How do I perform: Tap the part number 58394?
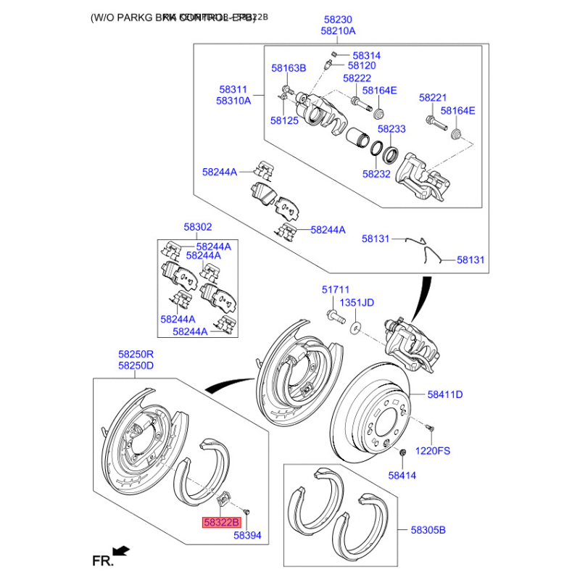click(x=246, y=536)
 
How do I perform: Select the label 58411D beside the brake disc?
click(x=444, y=394)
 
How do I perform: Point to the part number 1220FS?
click(x=433, y=450)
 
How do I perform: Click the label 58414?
click(x=402, y=476)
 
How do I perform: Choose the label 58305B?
click(x=428, y=530)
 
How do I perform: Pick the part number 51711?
click(x=336, y=289)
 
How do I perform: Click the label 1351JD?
click(x=357, y=303)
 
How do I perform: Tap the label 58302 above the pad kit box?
click(x=197, y=228)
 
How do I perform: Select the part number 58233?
click(x=391, y=128)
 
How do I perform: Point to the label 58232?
click(x=376, y=174)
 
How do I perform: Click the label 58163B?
click(x=289, y=68)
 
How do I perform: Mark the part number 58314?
click(x=366, y=55)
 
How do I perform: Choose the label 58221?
click(x=433, y=96)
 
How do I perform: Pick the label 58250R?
click(x=136, y=355)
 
